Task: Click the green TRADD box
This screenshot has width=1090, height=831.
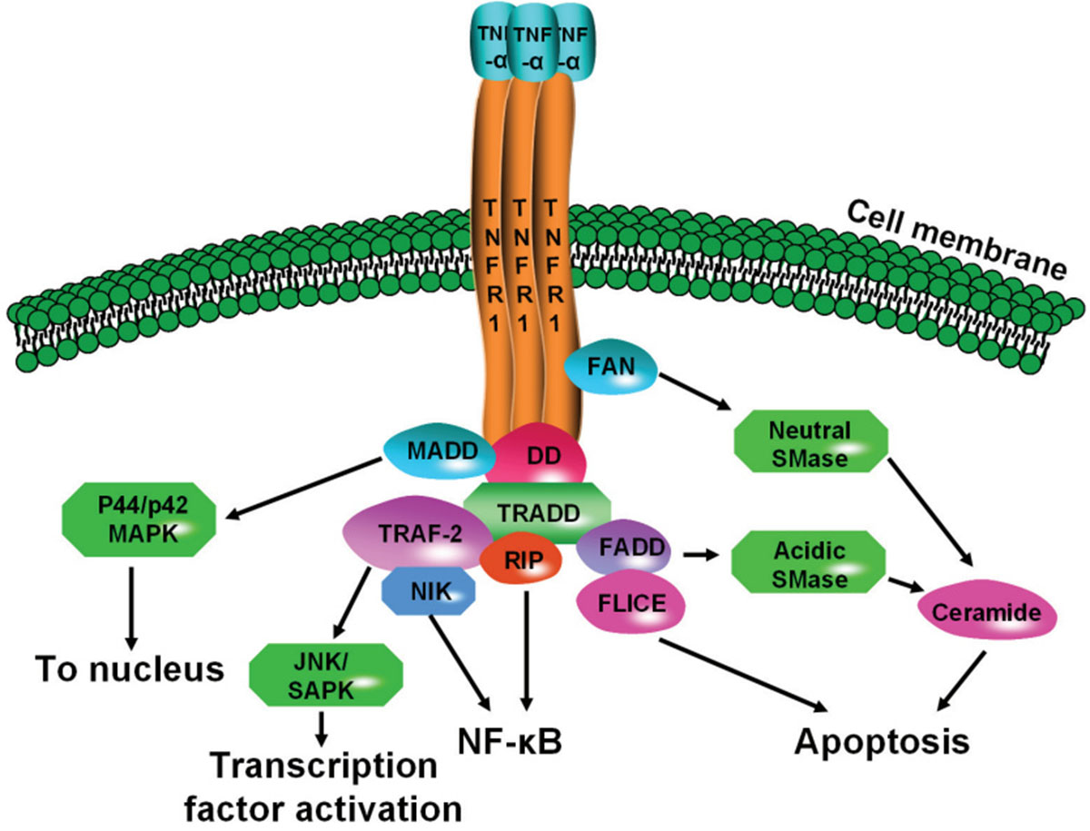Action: coord(537,511)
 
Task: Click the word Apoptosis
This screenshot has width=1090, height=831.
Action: coord(882,741)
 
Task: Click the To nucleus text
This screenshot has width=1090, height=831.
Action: coord(130,670)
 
